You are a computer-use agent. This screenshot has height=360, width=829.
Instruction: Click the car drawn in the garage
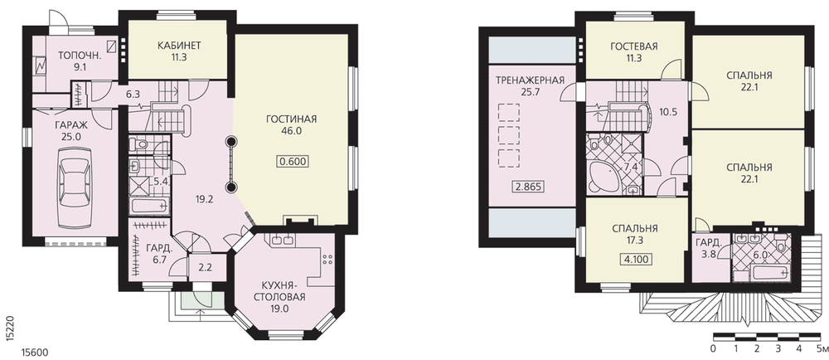[75, 179]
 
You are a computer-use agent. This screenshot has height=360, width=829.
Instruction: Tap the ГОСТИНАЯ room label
[291, 119]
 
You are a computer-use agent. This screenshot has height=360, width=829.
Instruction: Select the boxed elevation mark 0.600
[291, 162]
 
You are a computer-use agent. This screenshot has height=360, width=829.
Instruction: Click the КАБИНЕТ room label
[179, 45]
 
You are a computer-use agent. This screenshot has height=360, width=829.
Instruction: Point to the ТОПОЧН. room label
[80, 55]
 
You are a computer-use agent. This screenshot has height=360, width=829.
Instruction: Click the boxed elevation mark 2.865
[529, 187]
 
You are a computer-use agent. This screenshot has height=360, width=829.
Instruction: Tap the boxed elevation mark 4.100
[635, 260]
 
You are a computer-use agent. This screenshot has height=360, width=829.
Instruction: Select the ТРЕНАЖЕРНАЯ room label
[529, 80]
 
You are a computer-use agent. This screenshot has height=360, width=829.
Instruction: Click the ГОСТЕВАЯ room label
[634, 46]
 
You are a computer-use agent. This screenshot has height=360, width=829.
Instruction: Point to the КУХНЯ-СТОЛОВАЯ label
[279, 291]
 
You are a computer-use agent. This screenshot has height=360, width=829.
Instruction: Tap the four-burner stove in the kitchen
[327, 259]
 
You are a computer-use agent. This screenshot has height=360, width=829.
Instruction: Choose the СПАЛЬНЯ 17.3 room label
[635, 234]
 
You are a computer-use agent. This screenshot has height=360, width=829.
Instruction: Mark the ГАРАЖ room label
[70, 126]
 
